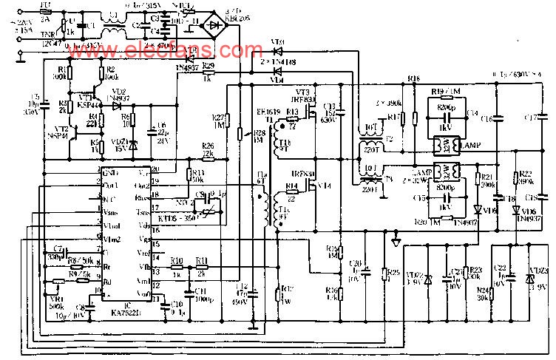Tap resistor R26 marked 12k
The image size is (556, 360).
[208, 155]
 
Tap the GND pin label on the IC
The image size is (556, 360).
[111, 172]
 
